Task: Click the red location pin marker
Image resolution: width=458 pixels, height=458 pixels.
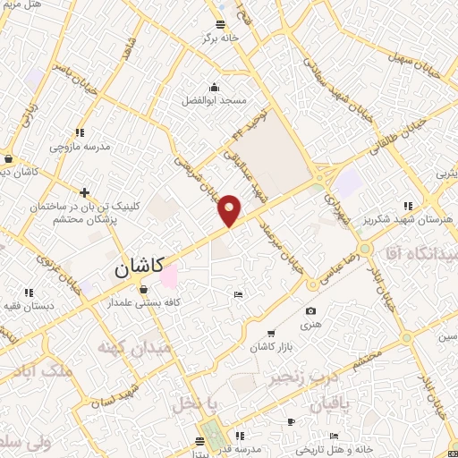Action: [229, 211]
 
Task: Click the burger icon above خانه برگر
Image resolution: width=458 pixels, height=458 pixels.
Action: [220, 24]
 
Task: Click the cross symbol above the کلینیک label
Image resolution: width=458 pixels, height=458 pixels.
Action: [85, 192]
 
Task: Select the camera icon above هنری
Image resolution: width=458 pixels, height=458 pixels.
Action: [310, 311]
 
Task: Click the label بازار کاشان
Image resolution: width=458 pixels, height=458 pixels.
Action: [272, 346]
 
